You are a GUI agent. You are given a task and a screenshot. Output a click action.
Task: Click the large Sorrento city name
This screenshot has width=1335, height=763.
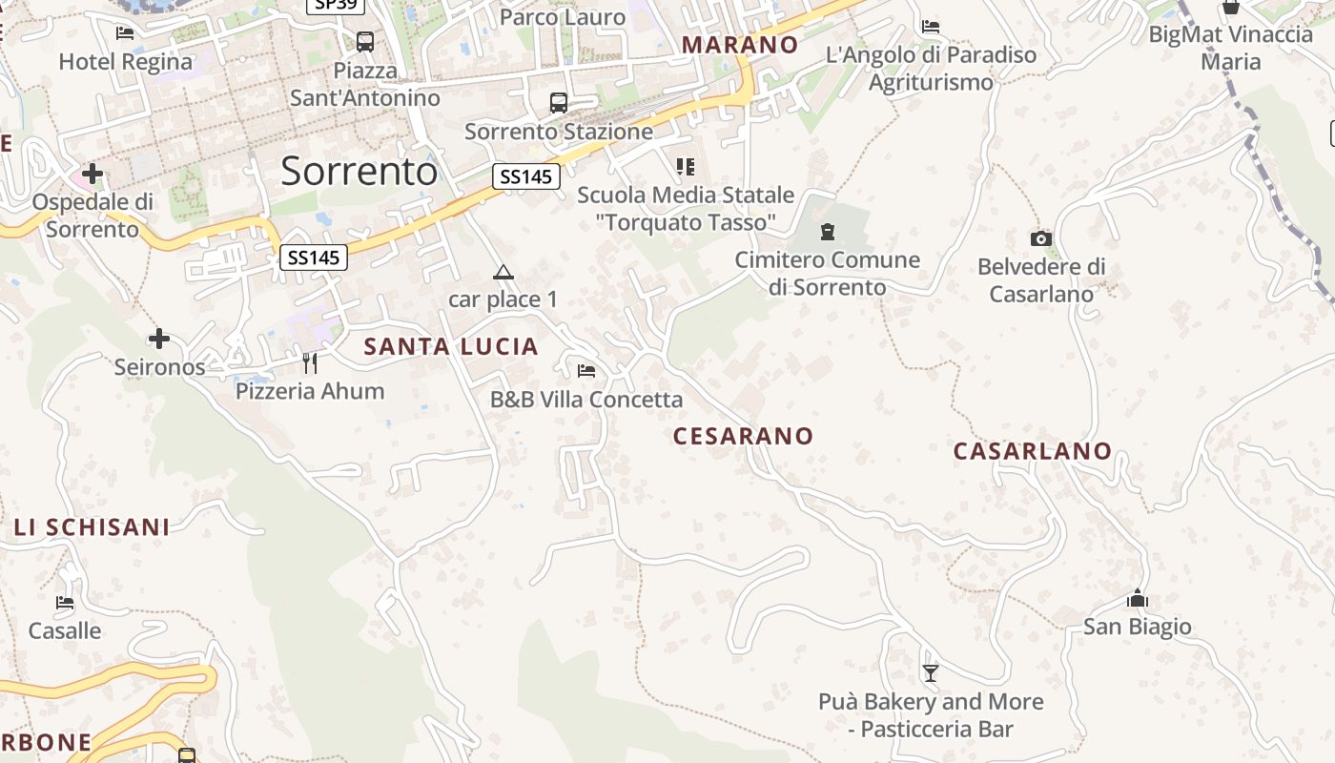(x=359, y=172)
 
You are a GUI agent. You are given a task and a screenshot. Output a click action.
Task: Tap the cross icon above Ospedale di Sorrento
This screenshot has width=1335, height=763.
(x=92, y=174)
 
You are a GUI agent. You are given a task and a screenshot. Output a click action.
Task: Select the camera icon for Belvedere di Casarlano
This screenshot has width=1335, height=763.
(x=1041, y=238)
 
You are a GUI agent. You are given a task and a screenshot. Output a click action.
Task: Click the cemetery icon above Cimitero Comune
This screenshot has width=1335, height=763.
(x=827, y=231)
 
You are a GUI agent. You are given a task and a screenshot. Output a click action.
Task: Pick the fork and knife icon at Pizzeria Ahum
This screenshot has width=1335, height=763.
(x=310, y=362)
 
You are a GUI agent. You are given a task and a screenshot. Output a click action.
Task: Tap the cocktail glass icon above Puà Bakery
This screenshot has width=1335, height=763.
(x=931, y=673)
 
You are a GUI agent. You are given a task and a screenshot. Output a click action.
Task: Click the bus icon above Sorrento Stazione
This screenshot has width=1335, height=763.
(x=559, y=103)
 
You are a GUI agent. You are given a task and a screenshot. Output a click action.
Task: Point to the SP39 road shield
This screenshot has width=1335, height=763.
(x=336, y=5)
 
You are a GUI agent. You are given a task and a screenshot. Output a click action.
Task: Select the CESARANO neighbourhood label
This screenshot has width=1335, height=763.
(x=744, y=436)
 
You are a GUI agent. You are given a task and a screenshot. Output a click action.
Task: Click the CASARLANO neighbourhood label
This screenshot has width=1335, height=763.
(x=1033, y=451)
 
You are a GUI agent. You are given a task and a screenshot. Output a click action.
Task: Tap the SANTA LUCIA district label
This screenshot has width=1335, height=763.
(x=451, y=347)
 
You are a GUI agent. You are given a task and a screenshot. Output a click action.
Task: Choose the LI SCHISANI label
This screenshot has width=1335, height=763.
(x=92, y=527)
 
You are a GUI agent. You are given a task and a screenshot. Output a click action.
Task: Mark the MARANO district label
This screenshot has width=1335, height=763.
(x=740, y=45)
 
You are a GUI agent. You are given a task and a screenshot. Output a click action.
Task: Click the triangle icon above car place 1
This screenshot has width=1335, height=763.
(x=503, y=273)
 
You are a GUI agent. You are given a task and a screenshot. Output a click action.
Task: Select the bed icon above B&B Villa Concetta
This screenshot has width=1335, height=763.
(x=586, y=370)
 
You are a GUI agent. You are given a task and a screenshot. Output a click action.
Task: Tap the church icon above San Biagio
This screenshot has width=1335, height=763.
(x=1137, y=599)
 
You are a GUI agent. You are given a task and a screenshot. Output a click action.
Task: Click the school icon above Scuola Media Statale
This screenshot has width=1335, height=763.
(x=685, y=168)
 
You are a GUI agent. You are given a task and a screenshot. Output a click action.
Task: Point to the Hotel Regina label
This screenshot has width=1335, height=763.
(x=126, y=62)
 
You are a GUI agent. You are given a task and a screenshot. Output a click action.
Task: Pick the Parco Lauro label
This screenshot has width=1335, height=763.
(x=563, y=17)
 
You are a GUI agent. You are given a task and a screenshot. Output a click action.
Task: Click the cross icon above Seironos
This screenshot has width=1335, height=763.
(x=159, y=339)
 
